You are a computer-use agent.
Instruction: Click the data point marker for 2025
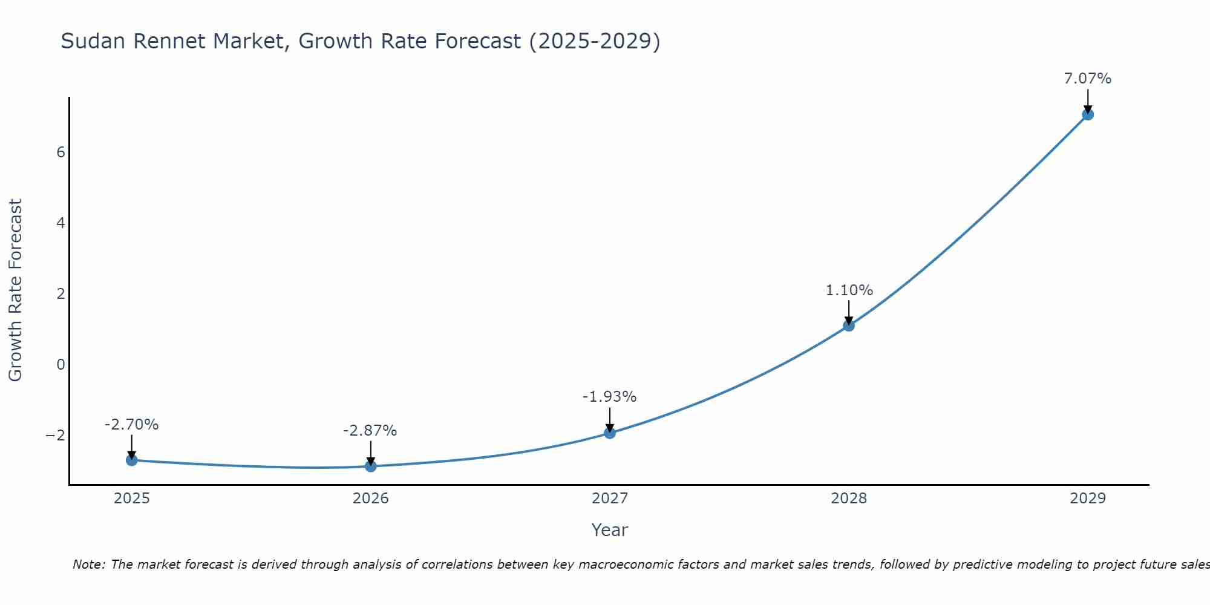pyautogui.click(x=132, y=460)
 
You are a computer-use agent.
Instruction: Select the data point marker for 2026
pyautogui.click(x=371, y=466)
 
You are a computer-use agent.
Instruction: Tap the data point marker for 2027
pyautogui.click(x=610, y=433)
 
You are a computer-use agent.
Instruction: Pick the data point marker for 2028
pyautogui.click(x=849, y=325)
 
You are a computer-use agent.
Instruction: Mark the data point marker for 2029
pyautogui.click(x=1088, y=114)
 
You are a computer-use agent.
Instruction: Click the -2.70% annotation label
pyautogui.click(x=131, y=425)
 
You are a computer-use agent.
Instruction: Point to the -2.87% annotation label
pyautogui.click(x=370, y=431)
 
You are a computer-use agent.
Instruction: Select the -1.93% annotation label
pyautogui.click(x=609, y=397)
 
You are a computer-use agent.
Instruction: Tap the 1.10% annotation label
pyautogui.click(x=849, y=290)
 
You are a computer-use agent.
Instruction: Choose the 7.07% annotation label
pyautogui.click(x=1087, y=79)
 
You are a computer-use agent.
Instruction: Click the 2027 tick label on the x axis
pyautogui.click(x=610, y=499)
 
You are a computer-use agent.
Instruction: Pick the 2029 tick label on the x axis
pyautogui.click(x=1088, y=499)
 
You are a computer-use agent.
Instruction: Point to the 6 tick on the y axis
pyautogui.click(x=60, y=152)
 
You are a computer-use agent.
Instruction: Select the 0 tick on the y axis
pyautogui.click(x=60, y=365)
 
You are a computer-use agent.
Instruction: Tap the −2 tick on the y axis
pyautogui.click(x=55, y=436)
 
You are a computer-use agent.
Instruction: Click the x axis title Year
pyautogui.click(x=609, y=530)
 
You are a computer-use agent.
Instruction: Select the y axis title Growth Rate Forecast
pyautogui.click(x=15, y=290)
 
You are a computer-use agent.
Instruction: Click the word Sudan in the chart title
pyautogui.click(x=93, y=41)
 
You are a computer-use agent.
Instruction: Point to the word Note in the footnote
pyautogui.click(x=88, y=564)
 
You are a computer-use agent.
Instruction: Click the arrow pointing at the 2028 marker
pyautogui.click(x=849, y=312)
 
